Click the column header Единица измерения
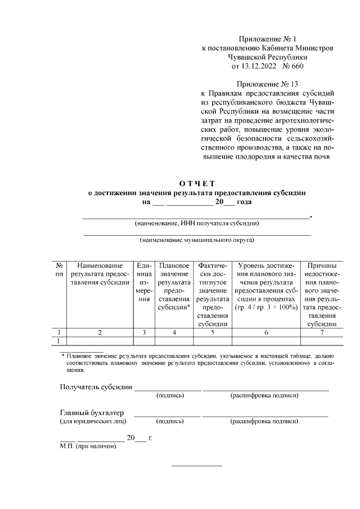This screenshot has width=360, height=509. click(x=144, y=283)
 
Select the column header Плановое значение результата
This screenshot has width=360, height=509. click(x=174, y=287)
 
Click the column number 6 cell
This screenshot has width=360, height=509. click(x=266, y=332)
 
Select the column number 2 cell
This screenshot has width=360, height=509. click(x=100, y=332)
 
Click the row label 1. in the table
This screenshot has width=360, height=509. click(x=58, y=340)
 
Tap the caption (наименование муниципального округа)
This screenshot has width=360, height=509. click(x=197, y=240)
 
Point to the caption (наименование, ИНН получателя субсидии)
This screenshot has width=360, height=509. click(x=197, y=223)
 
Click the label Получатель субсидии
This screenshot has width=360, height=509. click(x=96, y=387)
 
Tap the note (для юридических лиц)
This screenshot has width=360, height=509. click(x=93, y=421)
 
